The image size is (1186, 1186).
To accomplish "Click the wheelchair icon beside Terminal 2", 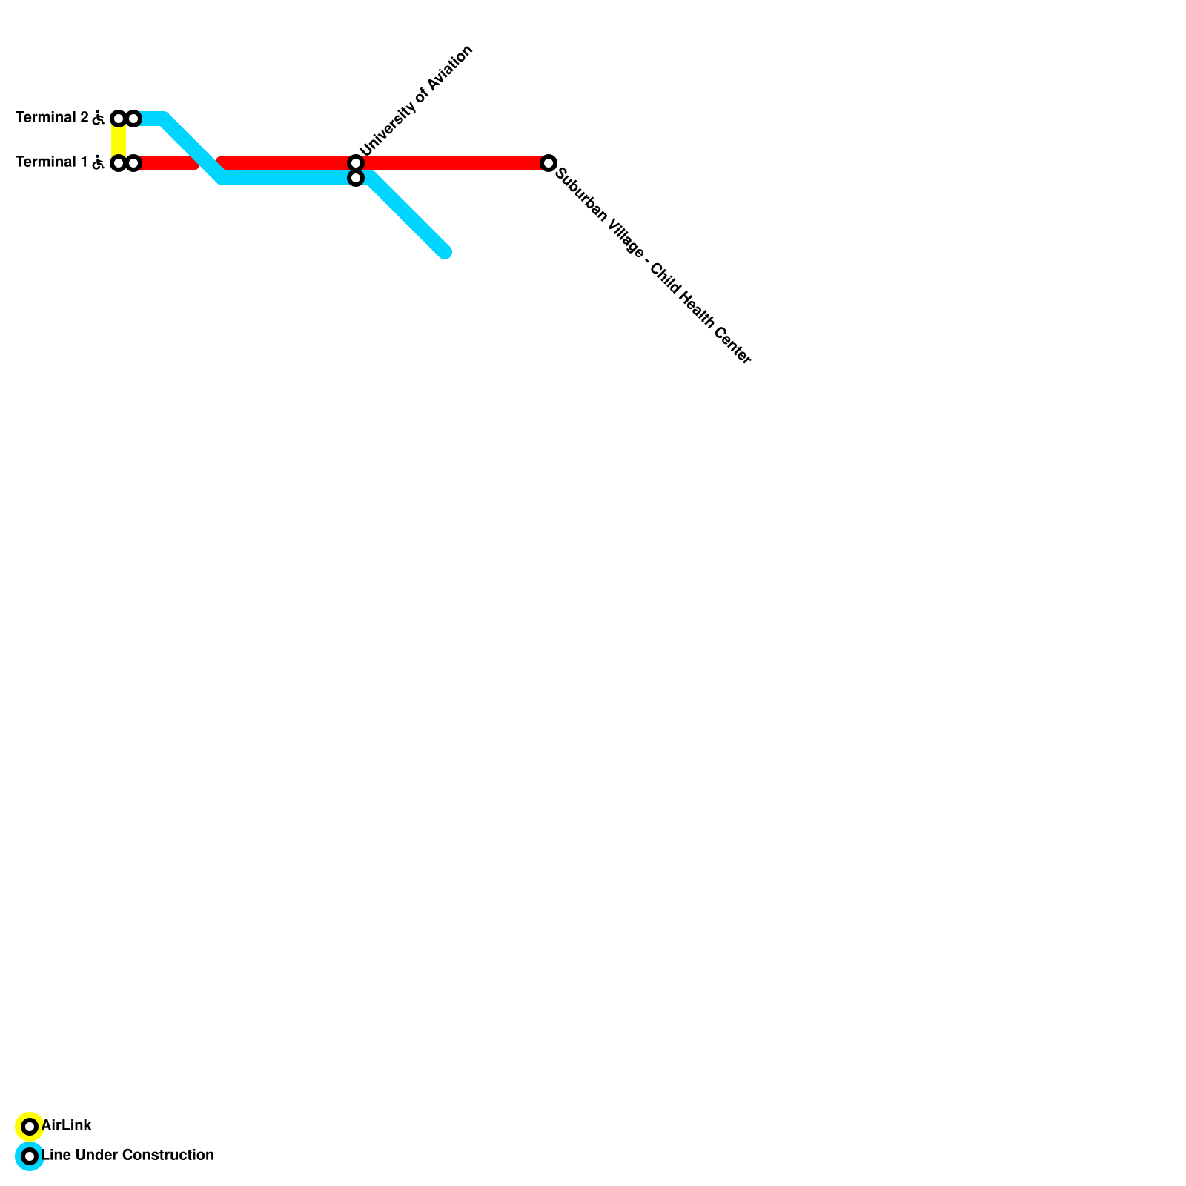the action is [98, 118].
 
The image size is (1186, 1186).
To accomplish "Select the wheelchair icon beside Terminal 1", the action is [98, 162].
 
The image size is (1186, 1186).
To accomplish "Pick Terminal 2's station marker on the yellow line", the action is [118, 119].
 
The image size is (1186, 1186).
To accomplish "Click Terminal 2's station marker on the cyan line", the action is [133, 119].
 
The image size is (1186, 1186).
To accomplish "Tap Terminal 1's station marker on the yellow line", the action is [118, 163].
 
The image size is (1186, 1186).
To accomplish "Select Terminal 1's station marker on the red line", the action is [133, 163].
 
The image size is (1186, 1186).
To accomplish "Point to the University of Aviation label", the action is [416, 101].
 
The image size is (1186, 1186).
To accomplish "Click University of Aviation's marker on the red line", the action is [356, 163].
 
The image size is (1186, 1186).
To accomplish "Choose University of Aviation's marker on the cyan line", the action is [356, 179].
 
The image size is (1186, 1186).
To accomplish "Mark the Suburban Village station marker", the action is [549, 163].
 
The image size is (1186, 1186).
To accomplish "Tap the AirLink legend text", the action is [67, 1126].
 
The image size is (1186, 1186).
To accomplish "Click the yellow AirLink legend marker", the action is [30, 1127].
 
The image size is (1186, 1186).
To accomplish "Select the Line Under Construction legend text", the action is [127, 1156].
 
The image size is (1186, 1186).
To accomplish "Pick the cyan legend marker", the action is [30, 1156].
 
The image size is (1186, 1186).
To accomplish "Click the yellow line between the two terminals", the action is [119, 141].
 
